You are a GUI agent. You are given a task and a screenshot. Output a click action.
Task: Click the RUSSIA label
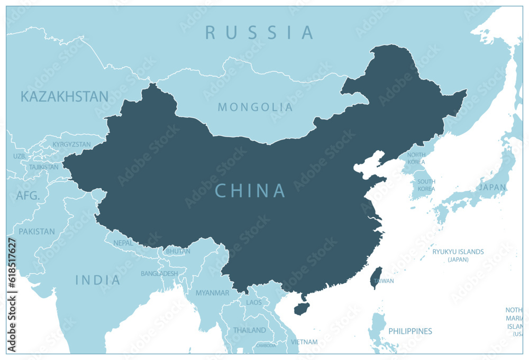tap(259, 33)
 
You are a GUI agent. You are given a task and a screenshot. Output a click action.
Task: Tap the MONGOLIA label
tap(255, 107)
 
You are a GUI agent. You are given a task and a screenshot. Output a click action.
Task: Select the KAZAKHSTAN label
tap(65, 96)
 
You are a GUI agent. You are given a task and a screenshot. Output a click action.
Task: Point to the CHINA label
tap(250, 191)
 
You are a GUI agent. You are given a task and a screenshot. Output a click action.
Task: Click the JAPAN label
tap(492, 187)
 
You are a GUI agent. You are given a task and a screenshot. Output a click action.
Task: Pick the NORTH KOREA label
tap(416, 158)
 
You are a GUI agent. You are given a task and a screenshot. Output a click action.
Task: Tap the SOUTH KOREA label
tap(426, 185)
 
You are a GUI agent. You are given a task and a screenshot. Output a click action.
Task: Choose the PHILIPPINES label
tap(410, 331)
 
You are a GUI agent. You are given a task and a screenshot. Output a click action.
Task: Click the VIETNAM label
tap(304, 342)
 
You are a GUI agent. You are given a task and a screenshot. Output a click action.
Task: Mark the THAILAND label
tap(249, 330)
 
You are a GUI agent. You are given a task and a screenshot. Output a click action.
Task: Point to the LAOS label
tap(253, 303)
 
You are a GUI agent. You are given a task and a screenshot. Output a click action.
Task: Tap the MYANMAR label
tap(212, 292)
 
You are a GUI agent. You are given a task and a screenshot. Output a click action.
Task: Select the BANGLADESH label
tap(159, 273)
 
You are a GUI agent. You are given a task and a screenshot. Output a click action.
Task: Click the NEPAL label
tap(123, 243)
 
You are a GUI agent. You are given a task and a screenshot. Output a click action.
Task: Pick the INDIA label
tap(97, 280)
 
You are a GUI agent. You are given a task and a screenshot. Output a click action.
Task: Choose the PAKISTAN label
tap(37, 232)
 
